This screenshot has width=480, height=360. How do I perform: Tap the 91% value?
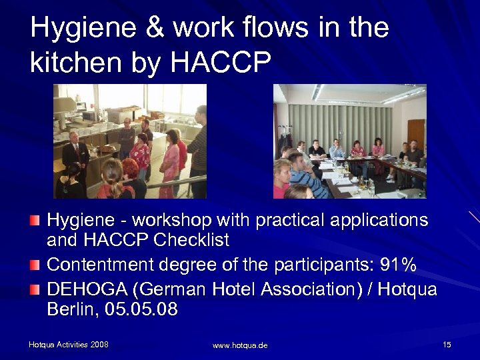(x=397, y=265)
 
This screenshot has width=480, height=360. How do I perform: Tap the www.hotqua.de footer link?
(x=240, y=345)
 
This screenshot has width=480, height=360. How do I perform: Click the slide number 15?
(x=447, y=344)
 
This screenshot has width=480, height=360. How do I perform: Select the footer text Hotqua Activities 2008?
(x=68, y=345)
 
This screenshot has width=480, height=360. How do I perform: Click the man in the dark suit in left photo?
(x=75, y=153)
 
